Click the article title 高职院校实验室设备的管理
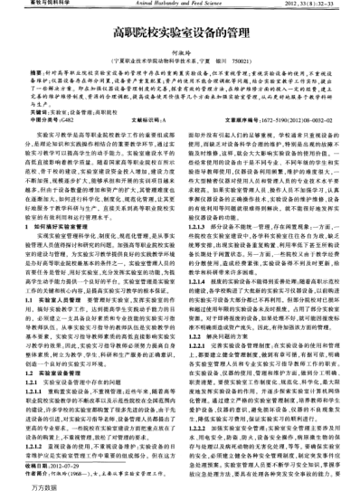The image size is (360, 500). point(180,31)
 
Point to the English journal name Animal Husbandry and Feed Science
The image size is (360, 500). point(180,4)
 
